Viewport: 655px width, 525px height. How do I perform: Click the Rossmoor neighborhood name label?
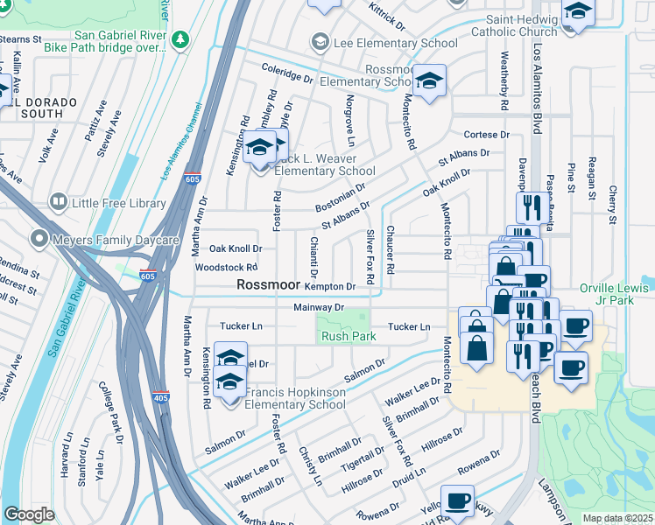click(x=269, y=285)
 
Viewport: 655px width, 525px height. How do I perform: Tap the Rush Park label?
click(x=342, y=337)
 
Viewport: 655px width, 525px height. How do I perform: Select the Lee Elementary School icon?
click(x=320, y=42)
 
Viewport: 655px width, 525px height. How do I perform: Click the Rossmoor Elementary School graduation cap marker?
click(x=429, y=81)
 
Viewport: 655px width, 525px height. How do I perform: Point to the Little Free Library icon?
click(x=59, y=203)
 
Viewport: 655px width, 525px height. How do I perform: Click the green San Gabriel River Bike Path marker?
click(x=181, y=39)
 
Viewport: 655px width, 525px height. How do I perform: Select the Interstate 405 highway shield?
click(x=159, y=396)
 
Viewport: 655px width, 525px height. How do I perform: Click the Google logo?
click(x=29, y=514)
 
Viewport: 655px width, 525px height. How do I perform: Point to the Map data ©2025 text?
click(x=617, y=518)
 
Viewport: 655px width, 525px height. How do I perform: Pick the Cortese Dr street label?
click(x=486, y=135)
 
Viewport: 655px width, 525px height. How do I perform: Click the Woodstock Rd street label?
click(x=226, y=267)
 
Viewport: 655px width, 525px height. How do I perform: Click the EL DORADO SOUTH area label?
click(x=35, y=106)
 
